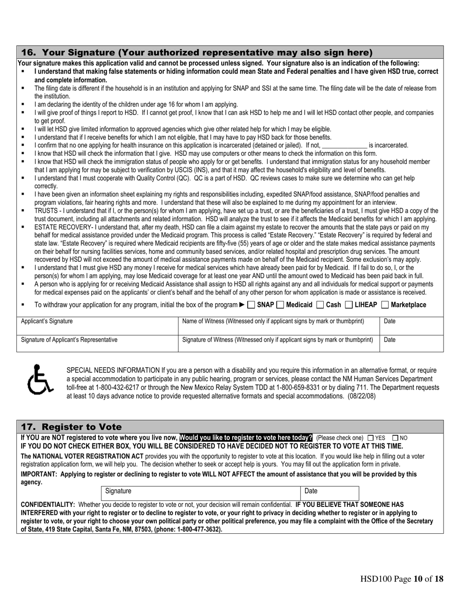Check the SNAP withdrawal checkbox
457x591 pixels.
pyautogui.click(x=251, y=305)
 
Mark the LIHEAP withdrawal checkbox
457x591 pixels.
pyautogui.click(x=349, y=305)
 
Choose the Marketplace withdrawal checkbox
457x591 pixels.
pyautogui.click(x=385, y=305)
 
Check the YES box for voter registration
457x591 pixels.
pyautogui.click(x=370, y=438)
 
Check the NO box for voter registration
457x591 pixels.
pyautogui.click(x=395, y=438)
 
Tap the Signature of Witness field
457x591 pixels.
pyautogui.click(x=279, y=344)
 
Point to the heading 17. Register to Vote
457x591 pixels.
pyautogui.click(x=71, y=427)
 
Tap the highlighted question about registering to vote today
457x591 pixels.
pyautogui.click(x=246, y=438)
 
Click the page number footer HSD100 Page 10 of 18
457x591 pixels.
pyautogui.click(x=402, y=579)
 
